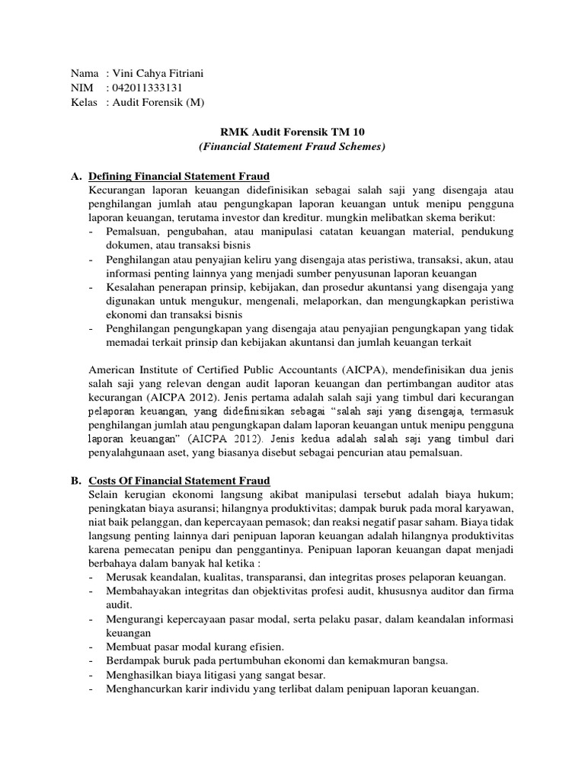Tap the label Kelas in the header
pos(84,102)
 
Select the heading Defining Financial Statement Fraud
pos(179,176)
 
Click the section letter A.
pos(75,176)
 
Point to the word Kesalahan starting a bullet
pos(130,288)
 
